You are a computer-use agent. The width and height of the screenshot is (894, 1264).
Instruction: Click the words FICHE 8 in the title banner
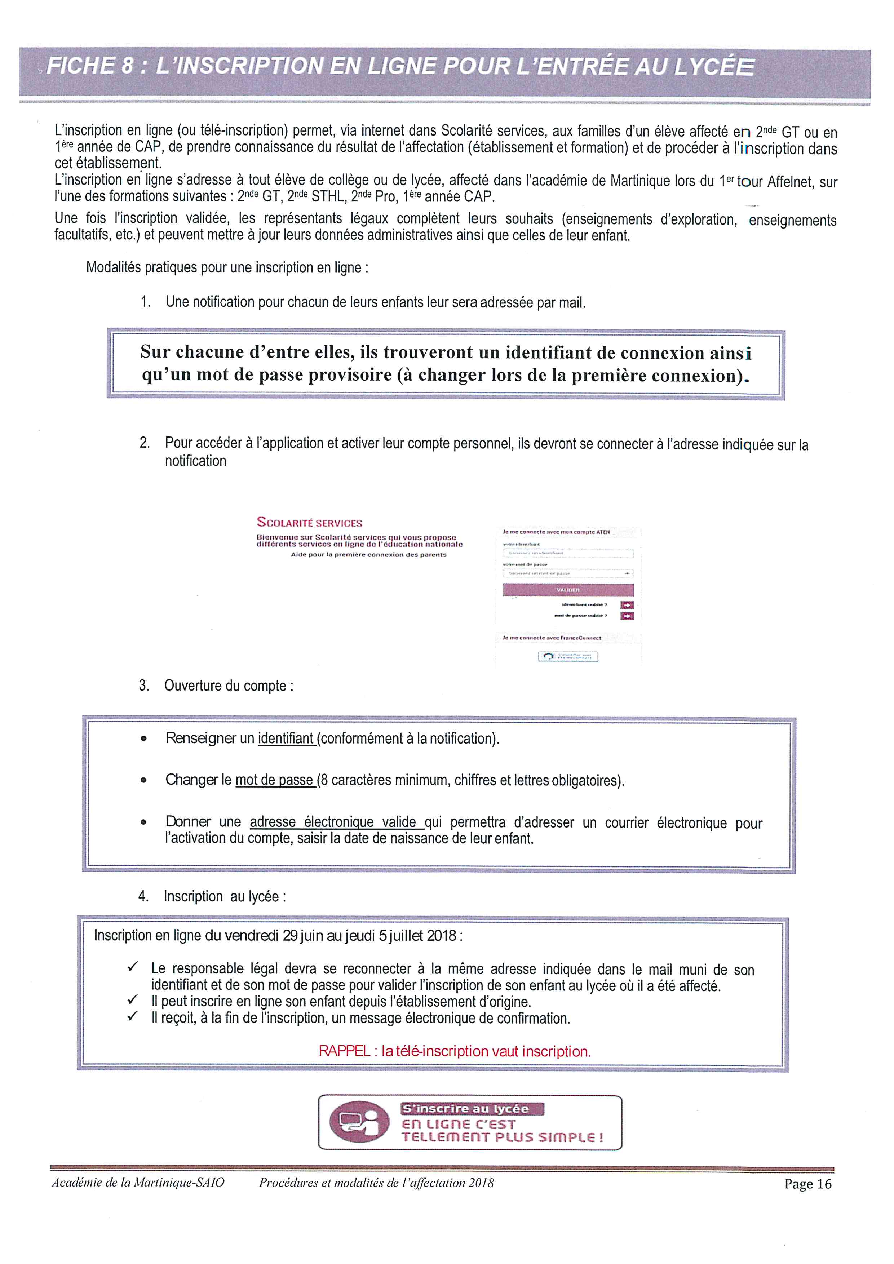[90, 66]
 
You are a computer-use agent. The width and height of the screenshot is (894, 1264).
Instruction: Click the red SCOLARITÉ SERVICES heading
[309, 523]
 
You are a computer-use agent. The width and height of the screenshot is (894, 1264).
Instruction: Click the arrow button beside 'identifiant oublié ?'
[627, 605]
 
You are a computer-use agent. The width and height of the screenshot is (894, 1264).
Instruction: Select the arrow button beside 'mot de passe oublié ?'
[627, 616]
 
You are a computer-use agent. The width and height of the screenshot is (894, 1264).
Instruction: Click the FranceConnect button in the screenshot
[568, 656]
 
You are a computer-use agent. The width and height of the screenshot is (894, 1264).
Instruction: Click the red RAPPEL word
[344, 1051]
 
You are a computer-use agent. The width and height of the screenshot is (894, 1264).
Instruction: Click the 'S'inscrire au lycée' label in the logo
[466, 1109]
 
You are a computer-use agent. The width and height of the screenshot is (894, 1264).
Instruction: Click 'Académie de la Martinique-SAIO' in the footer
[138, 1183]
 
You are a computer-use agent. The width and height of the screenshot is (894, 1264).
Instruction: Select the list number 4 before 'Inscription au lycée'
[143, 896]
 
